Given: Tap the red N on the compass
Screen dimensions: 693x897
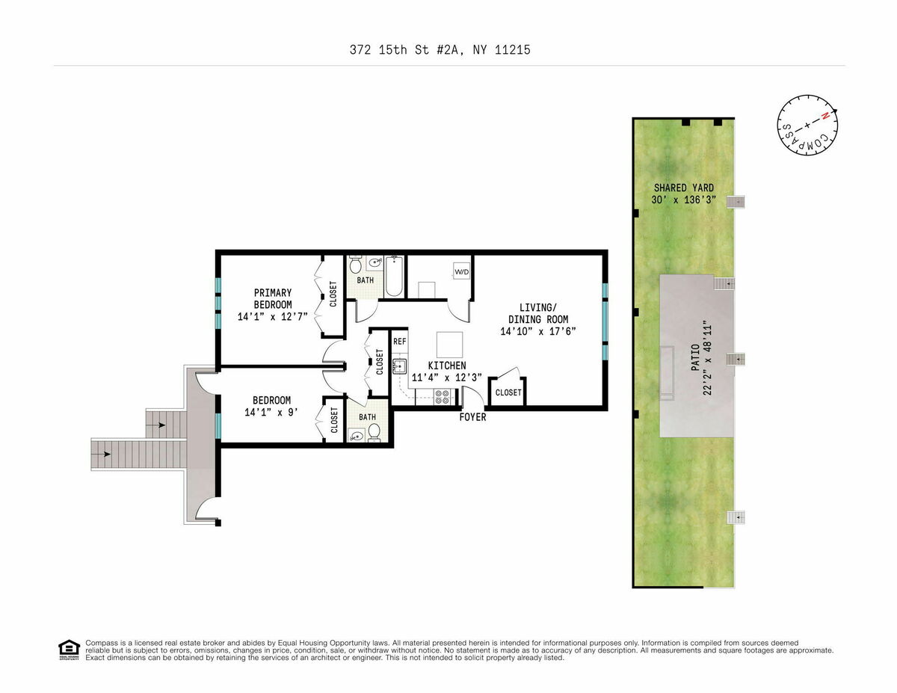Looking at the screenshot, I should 825,117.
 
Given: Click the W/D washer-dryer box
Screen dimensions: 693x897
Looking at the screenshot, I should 462,271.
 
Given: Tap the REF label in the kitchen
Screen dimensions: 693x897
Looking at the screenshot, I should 400,342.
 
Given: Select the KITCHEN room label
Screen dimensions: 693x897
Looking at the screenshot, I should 446,366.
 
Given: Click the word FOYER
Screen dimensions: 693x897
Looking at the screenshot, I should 472,417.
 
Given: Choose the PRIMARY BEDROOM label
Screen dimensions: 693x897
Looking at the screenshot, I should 272,298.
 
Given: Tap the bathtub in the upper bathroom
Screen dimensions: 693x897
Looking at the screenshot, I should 394,277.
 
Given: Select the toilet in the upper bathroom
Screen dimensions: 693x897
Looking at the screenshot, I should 356,265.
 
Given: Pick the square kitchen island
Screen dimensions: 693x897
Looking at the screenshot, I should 449,345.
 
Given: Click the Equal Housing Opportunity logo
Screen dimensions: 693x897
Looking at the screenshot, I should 69,650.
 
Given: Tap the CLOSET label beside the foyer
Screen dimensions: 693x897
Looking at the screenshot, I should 508,392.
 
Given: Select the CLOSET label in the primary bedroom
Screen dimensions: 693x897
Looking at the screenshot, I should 333,294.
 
